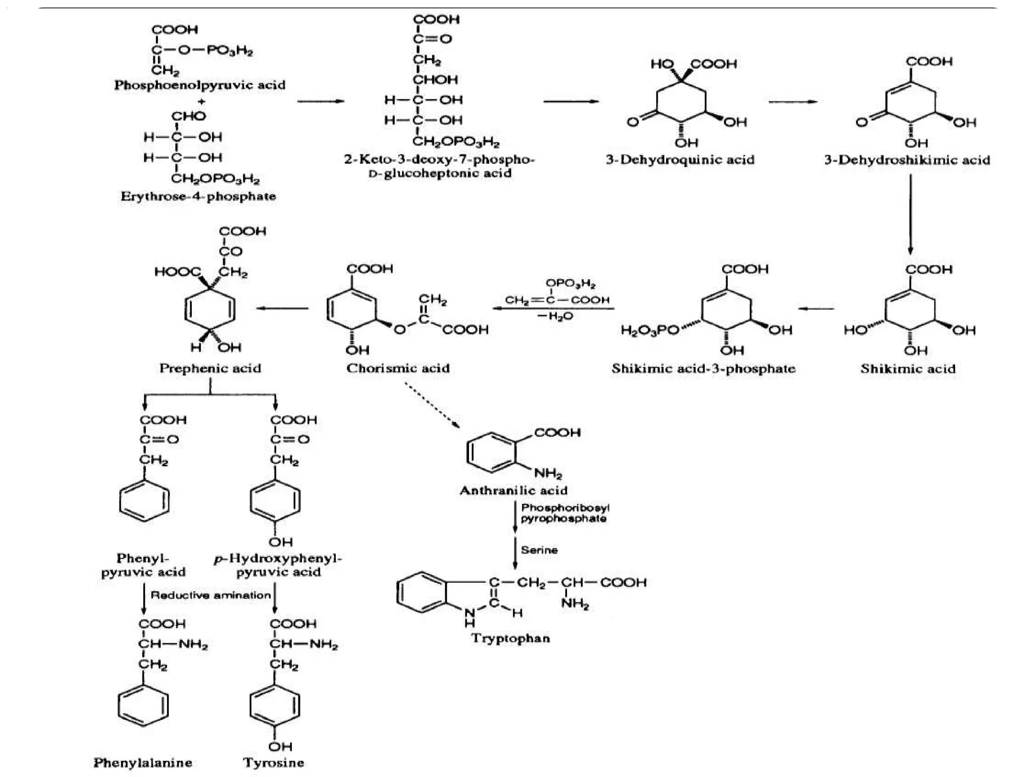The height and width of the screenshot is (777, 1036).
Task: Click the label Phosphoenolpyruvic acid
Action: [199, 85]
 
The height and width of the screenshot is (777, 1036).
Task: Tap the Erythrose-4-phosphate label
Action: [198, 196]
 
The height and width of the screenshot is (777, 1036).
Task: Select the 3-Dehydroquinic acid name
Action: [680, 160]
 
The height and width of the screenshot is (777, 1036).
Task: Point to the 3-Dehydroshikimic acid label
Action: [907, 160]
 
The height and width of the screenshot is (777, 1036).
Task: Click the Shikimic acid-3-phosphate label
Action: [703, 368]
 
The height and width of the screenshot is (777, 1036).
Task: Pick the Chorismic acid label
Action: [398, 368]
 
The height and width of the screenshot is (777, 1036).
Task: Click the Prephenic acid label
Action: [210, 368]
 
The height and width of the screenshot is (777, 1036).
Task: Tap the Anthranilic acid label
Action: [513, 490]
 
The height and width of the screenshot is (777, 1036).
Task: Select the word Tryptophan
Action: [510, 638]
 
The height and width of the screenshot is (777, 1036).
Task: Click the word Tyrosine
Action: [274, 762]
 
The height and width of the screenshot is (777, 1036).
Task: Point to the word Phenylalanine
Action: [143, 762]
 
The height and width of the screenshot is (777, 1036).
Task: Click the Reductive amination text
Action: [210, 595]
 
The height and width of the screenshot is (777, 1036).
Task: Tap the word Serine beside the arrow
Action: [539, 550]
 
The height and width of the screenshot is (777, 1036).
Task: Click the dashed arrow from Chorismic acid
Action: [432, 405]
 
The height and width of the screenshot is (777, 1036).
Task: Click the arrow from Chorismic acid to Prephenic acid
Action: [283, 309]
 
